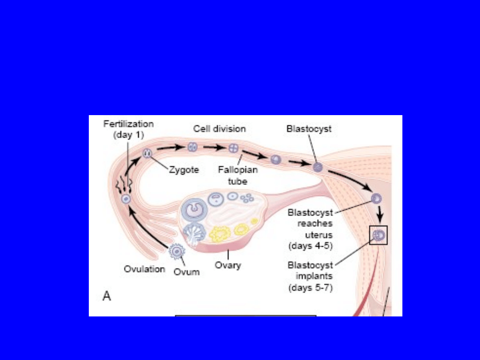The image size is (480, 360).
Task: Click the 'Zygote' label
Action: coord(184,170)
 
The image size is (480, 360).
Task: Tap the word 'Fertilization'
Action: coord(128,124)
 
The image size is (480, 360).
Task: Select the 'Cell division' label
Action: coord(219,129)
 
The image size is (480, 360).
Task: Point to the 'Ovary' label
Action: coord(228,265)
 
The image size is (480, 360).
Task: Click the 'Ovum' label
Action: coord(187,272)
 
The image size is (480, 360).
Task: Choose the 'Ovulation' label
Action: coord(144,269)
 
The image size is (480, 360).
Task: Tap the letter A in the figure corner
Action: coord(107,296)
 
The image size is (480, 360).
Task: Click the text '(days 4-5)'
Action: coord(311,245)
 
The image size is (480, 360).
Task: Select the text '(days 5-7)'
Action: coord(311,288)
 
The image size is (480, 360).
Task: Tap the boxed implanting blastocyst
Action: coord(379,235)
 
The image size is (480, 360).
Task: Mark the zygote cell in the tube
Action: coord(147,153)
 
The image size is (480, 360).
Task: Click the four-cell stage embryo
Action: coord(233,149)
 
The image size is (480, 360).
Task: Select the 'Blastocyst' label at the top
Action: coord(309,129)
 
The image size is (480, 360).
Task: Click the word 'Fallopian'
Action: coord(238,170)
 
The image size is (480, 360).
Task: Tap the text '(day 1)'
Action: coord(129,135)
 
